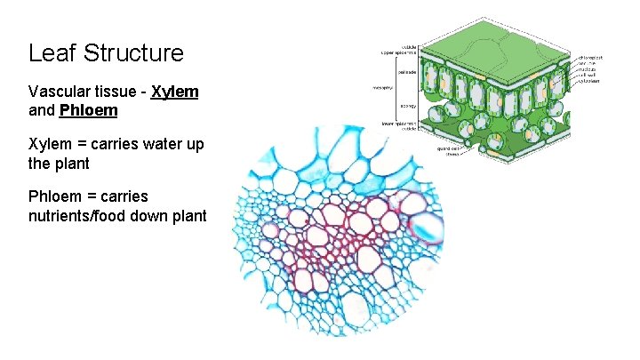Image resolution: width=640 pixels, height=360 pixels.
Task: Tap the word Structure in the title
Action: [x=132, y=53]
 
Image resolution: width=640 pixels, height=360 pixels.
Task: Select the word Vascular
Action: [x=60, y=92]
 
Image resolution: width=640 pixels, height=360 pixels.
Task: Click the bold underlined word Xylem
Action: [x=174, y=92]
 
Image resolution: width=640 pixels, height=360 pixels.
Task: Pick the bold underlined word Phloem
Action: [x=88, y=112]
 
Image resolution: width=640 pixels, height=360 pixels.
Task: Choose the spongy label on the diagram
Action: [x=408, y=106]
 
